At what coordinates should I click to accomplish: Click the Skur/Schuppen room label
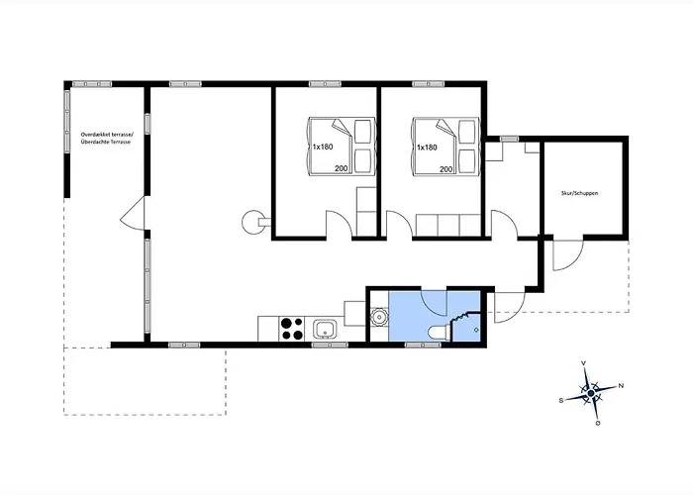click(579, 193)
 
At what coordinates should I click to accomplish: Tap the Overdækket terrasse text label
click(107, 134)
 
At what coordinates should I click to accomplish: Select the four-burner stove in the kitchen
click(292, 329)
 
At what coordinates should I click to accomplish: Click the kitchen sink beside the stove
click(326, 330)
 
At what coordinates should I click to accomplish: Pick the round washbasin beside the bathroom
click(379, 317)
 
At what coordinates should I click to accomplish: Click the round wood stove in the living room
click(253, 221)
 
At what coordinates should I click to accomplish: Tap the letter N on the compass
click(621, 386)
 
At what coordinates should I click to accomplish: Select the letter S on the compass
click(561, 400)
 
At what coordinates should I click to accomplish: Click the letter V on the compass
click(584, 363)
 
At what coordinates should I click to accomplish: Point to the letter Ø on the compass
click(598, 423)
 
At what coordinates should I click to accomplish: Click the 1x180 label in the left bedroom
click(323, 147)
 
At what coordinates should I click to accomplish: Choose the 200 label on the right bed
click(445, 169)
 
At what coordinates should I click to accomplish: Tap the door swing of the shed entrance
click(568, 255)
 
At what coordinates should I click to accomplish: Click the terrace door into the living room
click(133, 214)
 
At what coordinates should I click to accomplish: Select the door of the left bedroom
click(339, 225)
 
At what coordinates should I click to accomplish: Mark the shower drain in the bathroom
click(476, 330)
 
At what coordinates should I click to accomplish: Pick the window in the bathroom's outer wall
click(423, 345)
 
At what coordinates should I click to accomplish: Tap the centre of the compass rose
click(591, 392)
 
